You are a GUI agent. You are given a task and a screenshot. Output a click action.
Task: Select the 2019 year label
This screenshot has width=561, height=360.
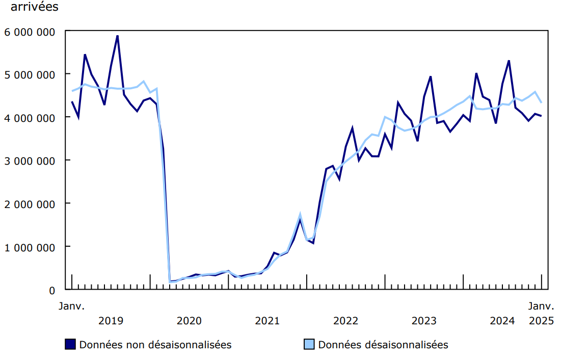pos(111,321)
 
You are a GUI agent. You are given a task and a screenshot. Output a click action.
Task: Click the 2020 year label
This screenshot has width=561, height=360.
pos(189,321)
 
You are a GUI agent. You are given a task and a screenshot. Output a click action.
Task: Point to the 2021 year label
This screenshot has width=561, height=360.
pos(268,321)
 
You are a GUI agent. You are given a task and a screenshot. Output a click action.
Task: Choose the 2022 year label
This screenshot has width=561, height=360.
pos(346,321)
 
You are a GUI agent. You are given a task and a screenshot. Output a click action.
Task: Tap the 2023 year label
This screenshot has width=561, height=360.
pos(424,321)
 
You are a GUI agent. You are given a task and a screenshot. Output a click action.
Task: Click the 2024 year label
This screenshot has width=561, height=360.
pos(502,321)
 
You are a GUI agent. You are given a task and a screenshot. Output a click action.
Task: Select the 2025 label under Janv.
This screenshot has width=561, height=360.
pos(541,321)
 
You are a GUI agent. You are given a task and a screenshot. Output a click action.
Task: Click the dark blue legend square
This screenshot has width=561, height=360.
pos(71,344)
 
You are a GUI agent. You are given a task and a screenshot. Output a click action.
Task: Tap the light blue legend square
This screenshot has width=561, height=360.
pos(309,344)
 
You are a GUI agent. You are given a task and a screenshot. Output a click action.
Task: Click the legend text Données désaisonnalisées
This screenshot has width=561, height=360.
pos(383,345)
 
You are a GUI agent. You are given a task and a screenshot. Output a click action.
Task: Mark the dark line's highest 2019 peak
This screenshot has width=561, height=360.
pos(118,36)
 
